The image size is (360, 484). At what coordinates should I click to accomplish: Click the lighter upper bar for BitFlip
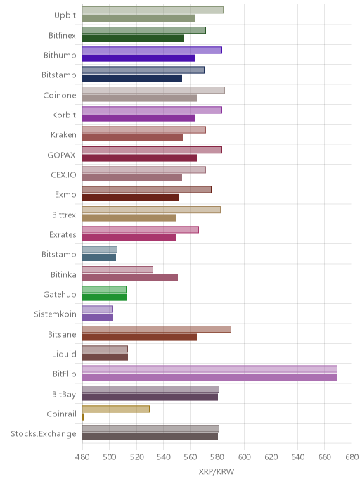pos(210,369)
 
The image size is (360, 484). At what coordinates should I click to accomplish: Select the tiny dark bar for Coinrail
pos(83,417)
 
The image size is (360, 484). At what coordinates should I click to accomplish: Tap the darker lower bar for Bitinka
pos(130,277)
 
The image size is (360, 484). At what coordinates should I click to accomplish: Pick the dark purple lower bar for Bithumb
pos(139,58)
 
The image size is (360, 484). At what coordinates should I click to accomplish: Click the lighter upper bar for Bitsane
pos(157,329)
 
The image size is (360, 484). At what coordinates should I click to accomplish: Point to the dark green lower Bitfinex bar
pos(134,38)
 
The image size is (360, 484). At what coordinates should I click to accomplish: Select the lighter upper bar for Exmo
pos(147,189)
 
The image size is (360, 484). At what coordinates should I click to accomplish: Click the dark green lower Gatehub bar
pos(104,298)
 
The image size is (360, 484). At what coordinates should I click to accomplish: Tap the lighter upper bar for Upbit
pos(153,10)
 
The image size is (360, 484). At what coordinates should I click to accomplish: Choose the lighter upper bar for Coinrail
pos(116,409)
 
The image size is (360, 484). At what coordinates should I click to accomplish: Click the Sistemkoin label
pos(55,314)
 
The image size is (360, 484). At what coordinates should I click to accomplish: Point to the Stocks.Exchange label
pos(44,434)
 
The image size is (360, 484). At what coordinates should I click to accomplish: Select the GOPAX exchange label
pos(61,155)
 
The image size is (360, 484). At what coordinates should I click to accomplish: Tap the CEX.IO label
pos(63,175)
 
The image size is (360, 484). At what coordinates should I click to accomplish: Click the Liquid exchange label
pos(64,355)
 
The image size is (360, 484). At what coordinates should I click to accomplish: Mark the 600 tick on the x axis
pos(244,457)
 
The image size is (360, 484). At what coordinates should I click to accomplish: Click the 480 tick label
pos(82,457)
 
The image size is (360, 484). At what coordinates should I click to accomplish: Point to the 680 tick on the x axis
pos(352,457)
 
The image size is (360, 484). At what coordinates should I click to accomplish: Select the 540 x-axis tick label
pos(163,457)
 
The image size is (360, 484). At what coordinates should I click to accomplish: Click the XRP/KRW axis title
pos(217,472)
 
